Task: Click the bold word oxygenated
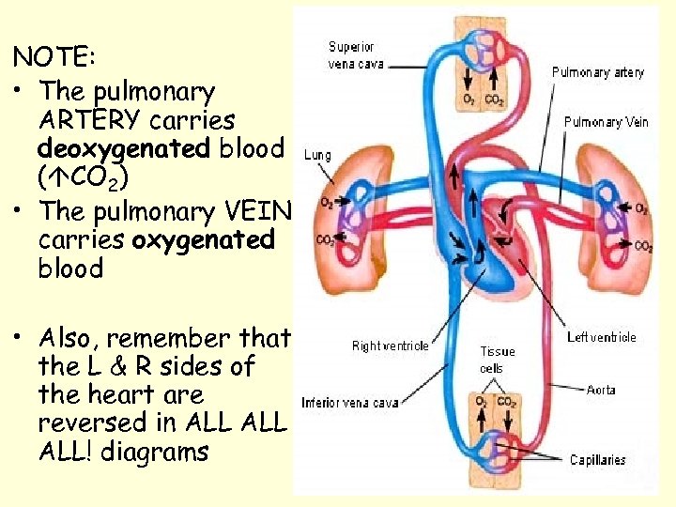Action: click(x=204, y=240)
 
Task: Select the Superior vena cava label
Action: click(x=351, y=55)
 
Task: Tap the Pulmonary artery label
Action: click(x=598, y=72)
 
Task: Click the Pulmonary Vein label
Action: click(x=606, y=121)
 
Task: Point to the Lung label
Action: click(x=316, y=156)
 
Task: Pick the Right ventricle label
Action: click(x=390, y=346)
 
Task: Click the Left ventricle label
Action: click(x=602, y=336)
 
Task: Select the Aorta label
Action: click(x=601, y=390)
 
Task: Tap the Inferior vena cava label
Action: click(x=349, y=403)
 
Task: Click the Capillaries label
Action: click(x=598, y=460)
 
